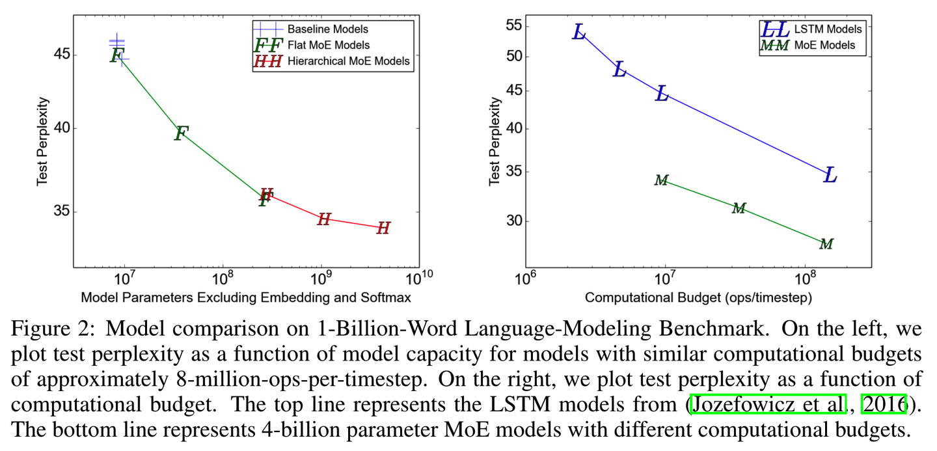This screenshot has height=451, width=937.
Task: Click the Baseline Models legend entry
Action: (327, 29)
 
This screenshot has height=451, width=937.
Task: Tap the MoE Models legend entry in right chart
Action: (824, 46)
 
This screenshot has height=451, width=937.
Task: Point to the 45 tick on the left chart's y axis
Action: (62, 55)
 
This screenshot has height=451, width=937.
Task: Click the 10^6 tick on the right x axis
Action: (524, 279)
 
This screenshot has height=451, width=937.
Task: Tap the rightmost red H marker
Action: (383, 228)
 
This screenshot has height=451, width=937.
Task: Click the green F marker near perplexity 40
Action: (181, 133)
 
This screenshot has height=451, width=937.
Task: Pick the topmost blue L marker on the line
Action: (579, 31)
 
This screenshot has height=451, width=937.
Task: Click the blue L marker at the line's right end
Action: (830, 174)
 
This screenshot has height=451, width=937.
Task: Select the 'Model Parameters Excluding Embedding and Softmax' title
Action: (246, 297)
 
